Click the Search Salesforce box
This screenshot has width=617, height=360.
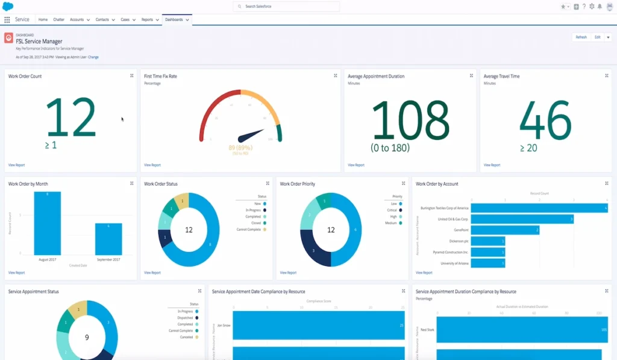pyautogui.click(x=286, y=7)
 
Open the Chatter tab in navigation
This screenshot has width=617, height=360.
pyautogui.click(x=58, y=20)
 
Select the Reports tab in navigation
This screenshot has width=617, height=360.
pyautogui.click(x=147, y=20)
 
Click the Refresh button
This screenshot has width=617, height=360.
pyautogui.click(x=581, y=37)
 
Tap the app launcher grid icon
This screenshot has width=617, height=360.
pyautogui.click(x=7, y=20)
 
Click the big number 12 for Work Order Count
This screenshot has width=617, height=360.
pyautogui.click(x=71, y=118)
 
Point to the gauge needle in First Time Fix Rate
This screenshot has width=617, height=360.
pyautogui.click(x=251, y=134)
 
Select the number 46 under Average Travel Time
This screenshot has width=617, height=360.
pyautogui.click(x=545, y=119)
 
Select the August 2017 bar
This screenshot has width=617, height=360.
pyautogui.click(x=47, y=223)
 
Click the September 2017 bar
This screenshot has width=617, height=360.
pyautogui.click(x=108, y=239)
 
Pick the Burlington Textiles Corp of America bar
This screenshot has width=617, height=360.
pyautogui.click(x=539, y=208)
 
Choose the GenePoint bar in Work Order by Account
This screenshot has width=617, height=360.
pyautogui.click(x=505, y=230)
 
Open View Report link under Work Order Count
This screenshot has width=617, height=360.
pyautogui.click(x=17, y=165)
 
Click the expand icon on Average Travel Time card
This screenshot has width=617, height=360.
pyautogui.click(x=607, y=76)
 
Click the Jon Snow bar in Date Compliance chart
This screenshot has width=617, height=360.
pyautogui.click(x=318, y=325)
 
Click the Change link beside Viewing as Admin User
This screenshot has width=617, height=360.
pyautogui.click(x=93, y=57)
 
